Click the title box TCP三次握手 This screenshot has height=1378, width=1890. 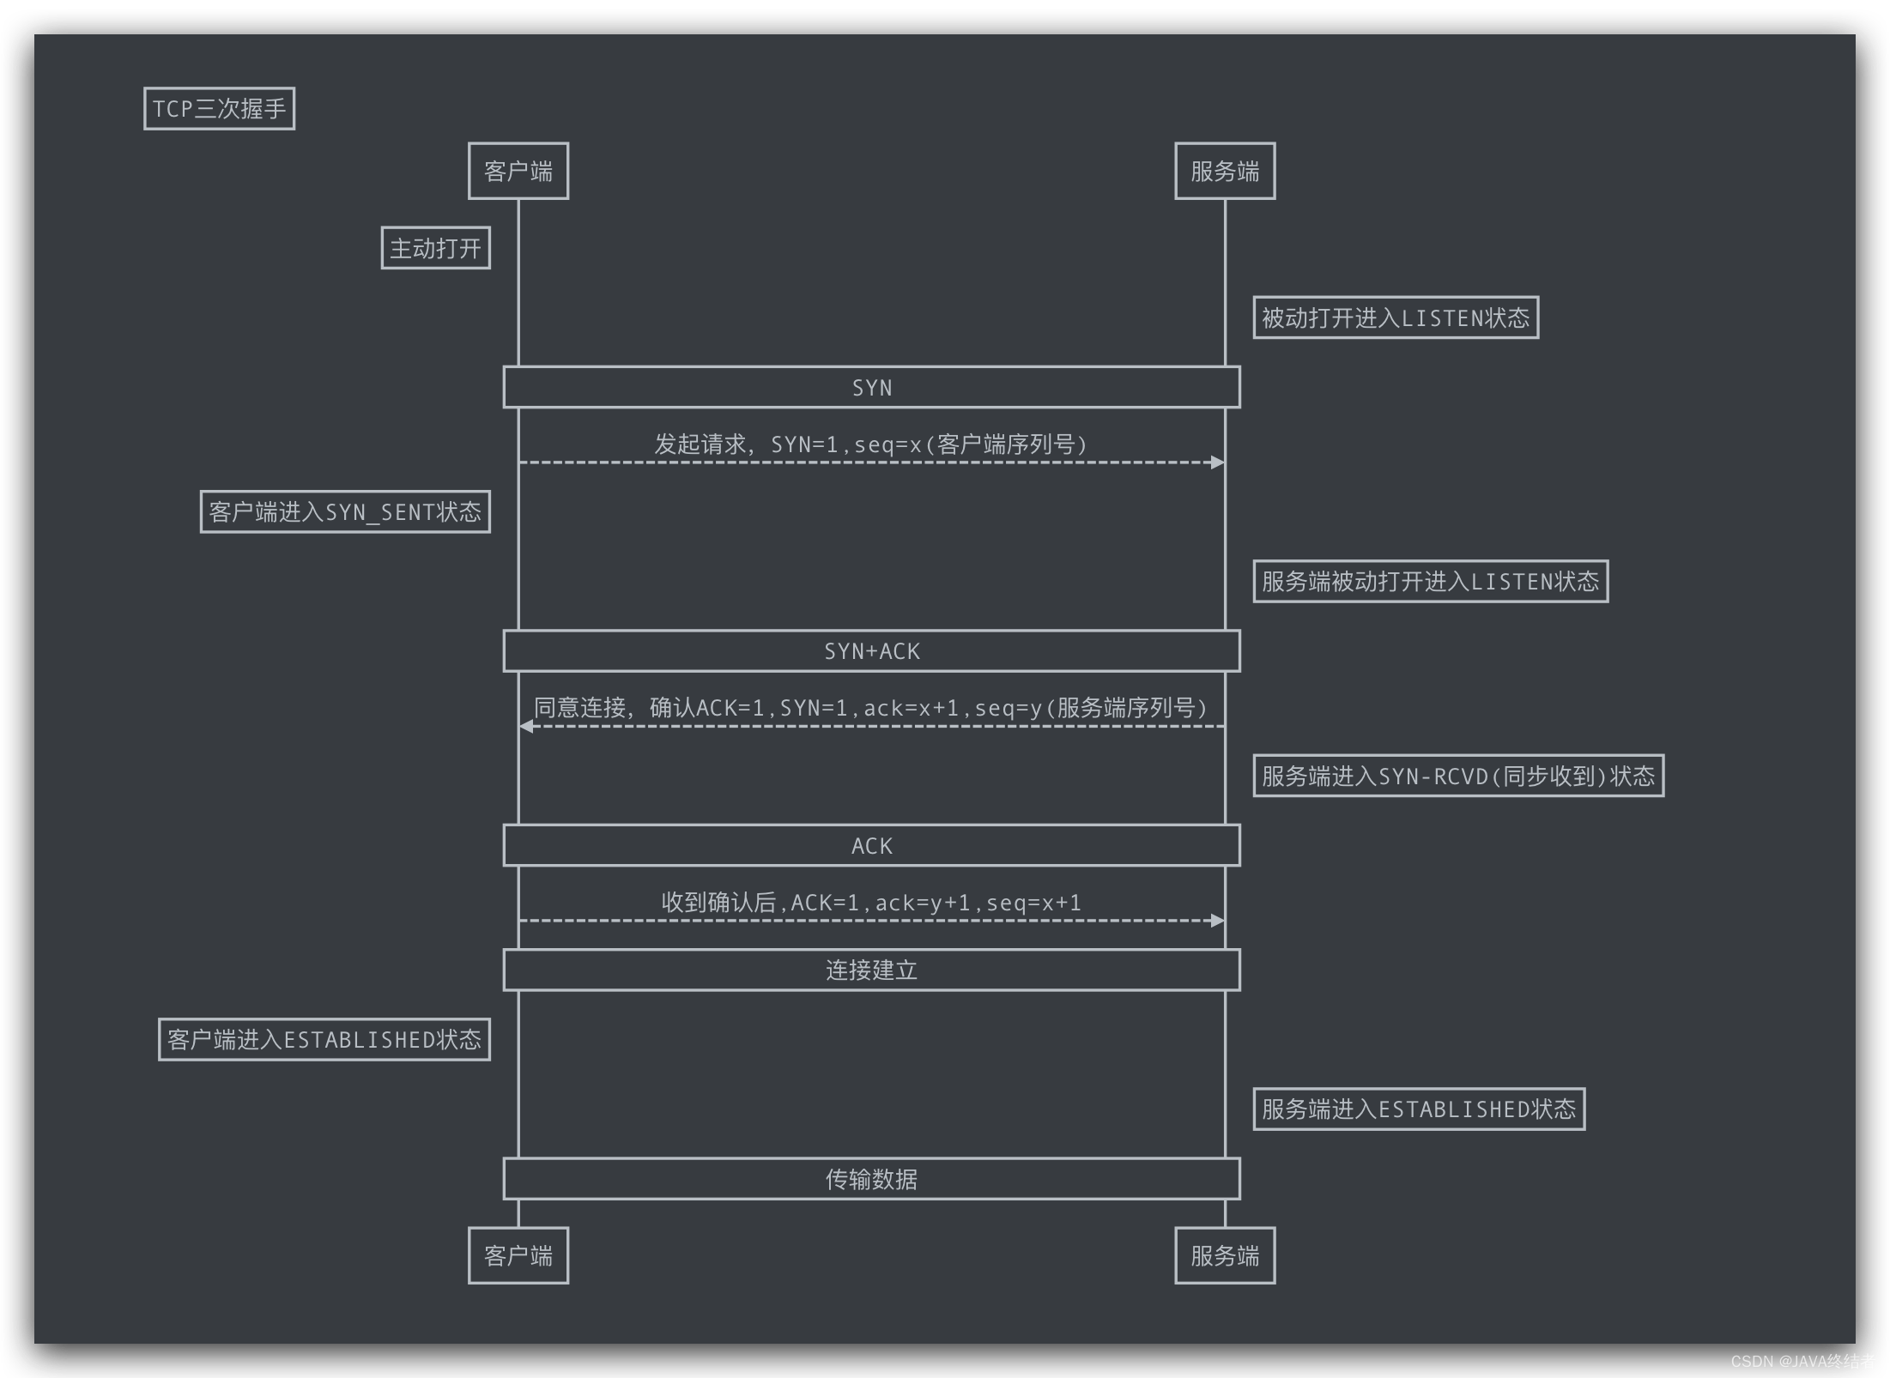pyautogui.click(x=219, y=109)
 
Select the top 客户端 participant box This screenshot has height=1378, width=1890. pyautogui.click(x=518, y=172)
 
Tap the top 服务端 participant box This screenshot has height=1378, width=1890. pyautogui.click(x=1224, y=172)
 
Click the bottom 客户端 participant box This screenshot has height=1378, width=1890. pyautogui.click(x=518, y=1255)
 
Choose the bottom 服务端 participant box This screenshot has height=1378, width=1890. pyautogui.click(x=1224, y=1255)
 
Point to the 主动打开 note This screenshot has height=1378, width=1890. pyautogui.click(x=435, y=248)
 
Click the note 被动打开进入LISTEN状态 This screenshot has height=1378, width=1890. pyautogui.click(x=1395, y=318)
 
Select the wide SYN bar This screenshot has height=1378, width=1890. pyautogui.click(x=871, y=388)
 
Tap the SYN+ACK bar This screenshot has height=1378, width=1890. pyautogui.click(x=871, y=651)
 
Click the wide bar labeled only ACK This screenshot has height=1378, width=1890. pyautogui.click(x=871, y=846)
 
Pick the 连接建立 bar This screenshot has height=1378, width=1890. pyautogui.click(x=871, y=970)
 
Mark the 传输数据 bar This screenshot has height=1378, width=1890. pyautogui.click(x=871, y=1179)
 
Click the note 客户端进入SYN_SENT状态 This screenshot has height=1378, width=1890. pyautogui.click(x=345, y=512)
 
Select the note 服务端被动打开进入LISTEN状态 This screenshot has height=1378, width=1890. pyautogui.click(x=1430, y=582)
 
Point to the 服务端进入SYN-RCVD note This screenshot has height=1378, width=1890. pyautogui.click(x=1457, y=777)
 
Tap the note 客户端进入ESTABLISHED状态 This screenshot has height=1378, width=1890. pyautogui.click(x=324, y=1040)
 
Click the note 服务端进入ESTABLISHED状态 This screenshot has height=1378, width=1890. pyautogui.click(x=1418, y=1109)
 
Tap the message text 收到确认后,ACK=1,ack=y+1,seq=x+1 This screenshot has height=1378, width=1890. pyautogui.click(x=871, y=903)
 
